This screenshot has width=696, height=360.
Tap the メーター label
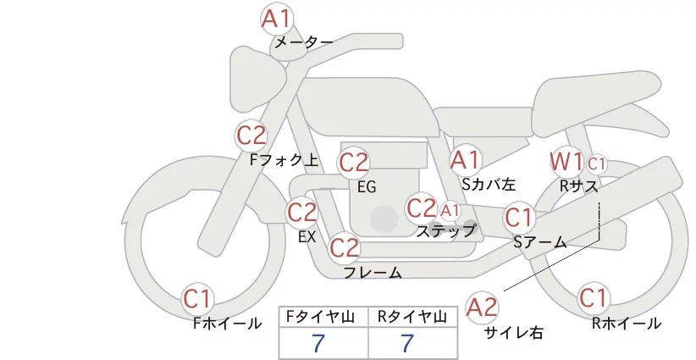302,42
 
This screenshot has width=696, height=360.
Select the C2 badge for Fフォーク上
251,136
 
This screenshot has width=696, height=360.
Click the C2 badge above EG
354,162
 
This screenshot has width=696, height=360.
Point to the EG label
367,186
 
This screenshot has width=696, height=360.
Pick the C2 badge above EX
302,212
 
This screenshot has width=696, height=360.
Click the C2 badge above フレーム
345,248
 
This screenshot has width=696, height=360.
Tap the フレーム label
372,273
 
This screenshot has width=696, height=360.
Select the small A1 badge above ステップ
450,209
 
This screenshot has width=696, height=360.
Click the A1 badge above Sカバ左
465,159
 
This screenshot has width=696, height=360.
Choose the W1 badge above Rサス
566,161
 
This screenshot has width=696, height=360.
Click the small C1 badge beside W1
596,163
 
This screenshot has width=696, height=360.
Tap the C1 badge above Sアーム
518,218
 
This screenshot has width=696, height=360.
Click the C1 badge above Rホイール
593,298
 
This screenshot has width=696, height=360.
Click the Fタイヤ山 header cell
323,318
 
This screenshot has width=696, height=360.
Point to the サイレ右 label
513,333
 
